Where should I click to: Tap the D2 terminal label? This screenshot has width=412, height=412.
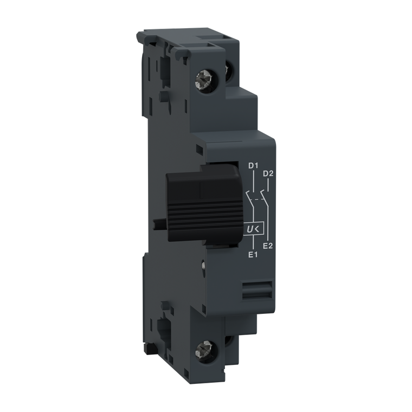click(x=267, y=173)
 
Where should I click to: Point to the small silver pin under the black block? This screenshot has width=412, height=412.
click(x=202, y=266)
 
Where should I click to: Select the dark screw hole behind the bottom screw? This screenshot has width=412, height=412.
click(x=228, y=342)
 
